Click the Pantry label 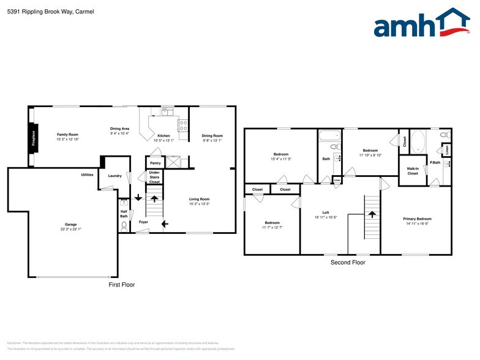[x=155, y=163]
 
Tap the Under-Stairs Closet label [x=155, y=178]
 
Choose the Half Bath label [x=124, y=214]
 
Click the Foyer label [x=143, y=222]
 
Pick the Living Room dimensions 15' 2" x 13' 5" [x=199, y=203]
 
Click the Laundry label [x=114, y=176]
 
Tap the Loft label [x=326, y=212]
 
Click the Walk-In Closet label [x=413, y=171]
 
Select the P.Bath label [x=435, y=162]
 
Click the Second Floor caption [x=347, y=263]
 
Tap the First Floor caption [x=121, y=285]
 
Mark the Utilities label [x=87, y=175]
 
